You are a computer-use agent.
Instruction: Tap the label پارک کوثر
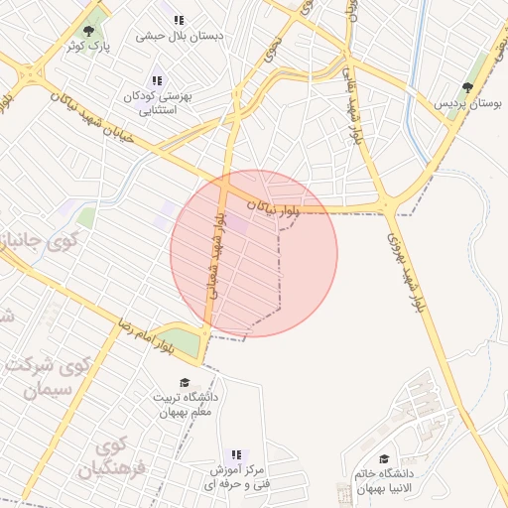click(89, 47)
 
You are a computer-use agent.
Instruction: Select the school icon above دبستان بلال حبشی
click(179, 20)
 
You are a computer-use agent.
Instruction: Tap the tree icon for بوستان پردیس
click(467, 88)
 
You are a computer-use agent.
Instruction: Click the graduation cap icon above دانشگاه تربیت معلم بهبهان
click(184, 382)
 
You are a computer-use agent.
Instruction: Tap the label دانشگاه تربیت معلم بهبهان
click(184, 405)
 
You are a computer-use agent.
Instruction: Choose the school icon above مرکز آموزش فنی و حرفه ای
click(236, 453)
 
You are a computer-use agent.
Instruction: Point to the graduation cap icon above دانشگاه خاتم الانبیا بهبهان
click(384, 458)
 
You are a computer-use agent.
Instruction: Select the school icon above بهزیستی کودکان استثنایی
click(156, 81)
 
